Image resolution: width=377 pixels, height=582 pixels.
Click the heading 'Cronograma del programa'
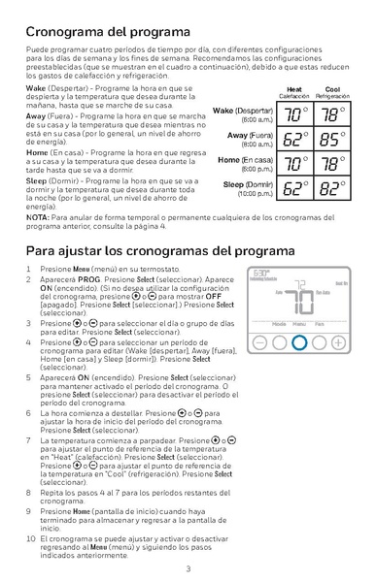(x=108, y=31)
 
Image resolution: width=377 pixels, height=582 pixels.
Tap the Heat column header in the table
(x=293, y=89)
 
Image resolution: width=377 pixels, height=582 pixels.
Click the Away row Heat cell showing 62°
(x=293, y=140)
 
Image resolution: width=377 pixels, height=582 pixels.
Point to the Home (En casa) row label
(x=244, y=160)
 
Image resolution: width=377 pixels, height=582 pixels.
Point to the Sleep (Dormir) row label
(x=247, y=184)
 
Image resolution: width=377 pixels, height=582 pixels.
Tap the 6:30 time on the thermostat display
(x=262, y=275)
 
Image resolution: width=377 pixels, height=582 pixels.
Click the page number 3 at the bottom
(x=188, y=568)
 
